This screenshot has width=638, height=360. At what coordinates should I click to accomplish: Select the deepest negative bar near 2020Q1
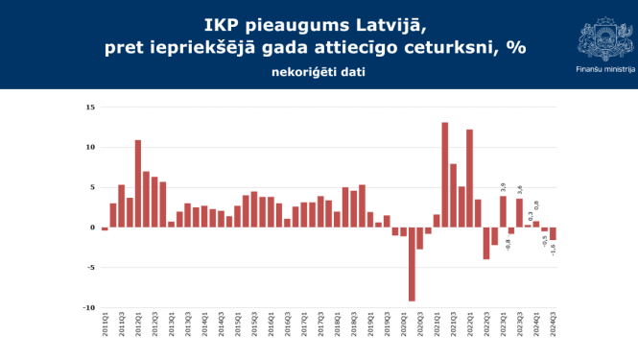coord(412,264)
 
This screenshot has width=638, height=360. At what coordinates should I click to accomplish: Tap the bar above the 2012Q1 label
coord(138,183)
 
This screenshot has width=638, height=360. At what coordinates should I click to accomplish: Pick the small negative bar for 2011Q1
coord(105,228)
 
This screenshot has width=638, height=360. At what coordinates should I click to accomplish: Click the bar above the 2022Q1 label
coord(469,179)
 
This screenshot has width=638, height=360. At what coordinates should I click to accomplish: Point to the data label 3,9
coord(503,188)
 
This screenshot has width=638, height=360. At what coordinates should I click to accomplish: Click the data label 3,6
coord(519,190)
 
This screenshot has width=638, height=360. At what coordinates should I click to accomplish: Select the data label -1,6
coord(554,249)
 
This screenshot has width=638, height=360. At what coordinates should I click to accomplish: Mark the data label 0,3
coord(528,216)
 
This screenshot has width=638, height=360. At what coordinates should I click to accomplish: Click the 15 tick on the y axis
coord(89,108)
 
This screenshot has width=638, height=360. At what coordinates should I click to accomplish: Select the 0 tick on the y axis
coord(91,228)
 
